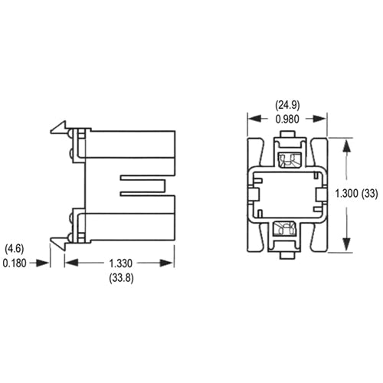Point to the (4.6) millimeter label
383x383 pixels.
pyautogui.click(x=16, y=248)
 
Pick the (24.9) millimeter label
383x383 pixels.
pyautogui.click(x=288, y=105)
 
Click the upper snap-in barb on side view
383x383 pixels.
pyautogui.click(x=57, y=128)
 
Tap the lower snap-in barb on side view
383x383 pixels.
pyautogui.click(x=57, y=241)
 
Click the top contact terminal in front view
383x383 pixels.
pyautogui.click(x=288, y=161)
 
